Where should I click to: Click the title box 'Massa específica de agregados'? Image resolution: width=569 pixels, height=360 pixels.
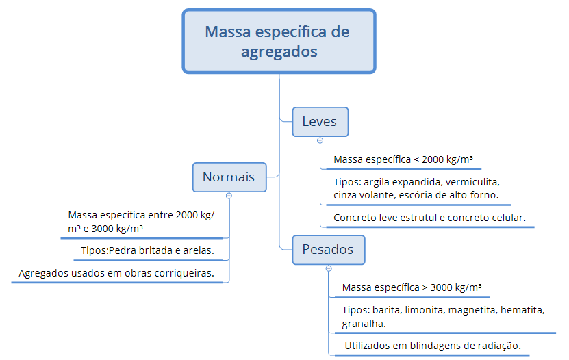pyautogui.click(x=279, y=41)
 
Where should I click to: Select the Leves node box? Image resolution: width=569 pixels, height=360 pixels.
pyautogui.click(x=320, y=122)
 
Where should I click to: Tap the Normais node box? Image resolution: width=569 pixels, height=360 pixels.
pyautogui.click(x=229, y=177)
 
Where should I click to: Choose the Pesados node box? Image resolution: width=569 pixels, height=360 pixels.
pyautogui.click(x=329, y=250)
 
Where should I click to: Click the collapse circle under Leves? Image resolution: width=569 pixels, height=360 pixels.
pyautogui.click(x=320, y=140)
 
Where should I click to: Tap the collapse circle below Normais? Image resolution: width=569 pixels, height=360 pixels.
pyautogui.click(x=229, y=196)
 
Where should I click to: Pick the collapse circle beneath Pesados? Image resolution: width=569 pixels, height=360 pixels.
pyautogui.click(x=329, y=268)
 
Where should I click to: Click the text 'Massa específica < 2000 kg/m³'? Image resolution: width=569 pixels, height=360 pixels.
pyautogui.click(x=403, y=159)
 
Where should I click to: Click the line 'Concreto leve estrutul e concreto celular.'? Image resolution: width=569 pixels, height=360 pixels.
pyautogui.click(x=429, y=218)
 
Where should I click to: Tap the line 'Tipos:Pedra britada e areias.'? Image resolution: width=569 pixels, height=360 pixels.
pyautogui.click(x=147, y=250)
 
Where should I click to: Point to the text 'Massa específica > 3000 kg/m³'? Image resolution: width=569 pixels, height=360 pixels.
pyautogui.click(x=412, y=287)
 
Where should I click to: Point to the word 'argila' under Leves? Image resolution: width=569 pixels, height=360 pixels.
pyautogui.click(x=377, y=182)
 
